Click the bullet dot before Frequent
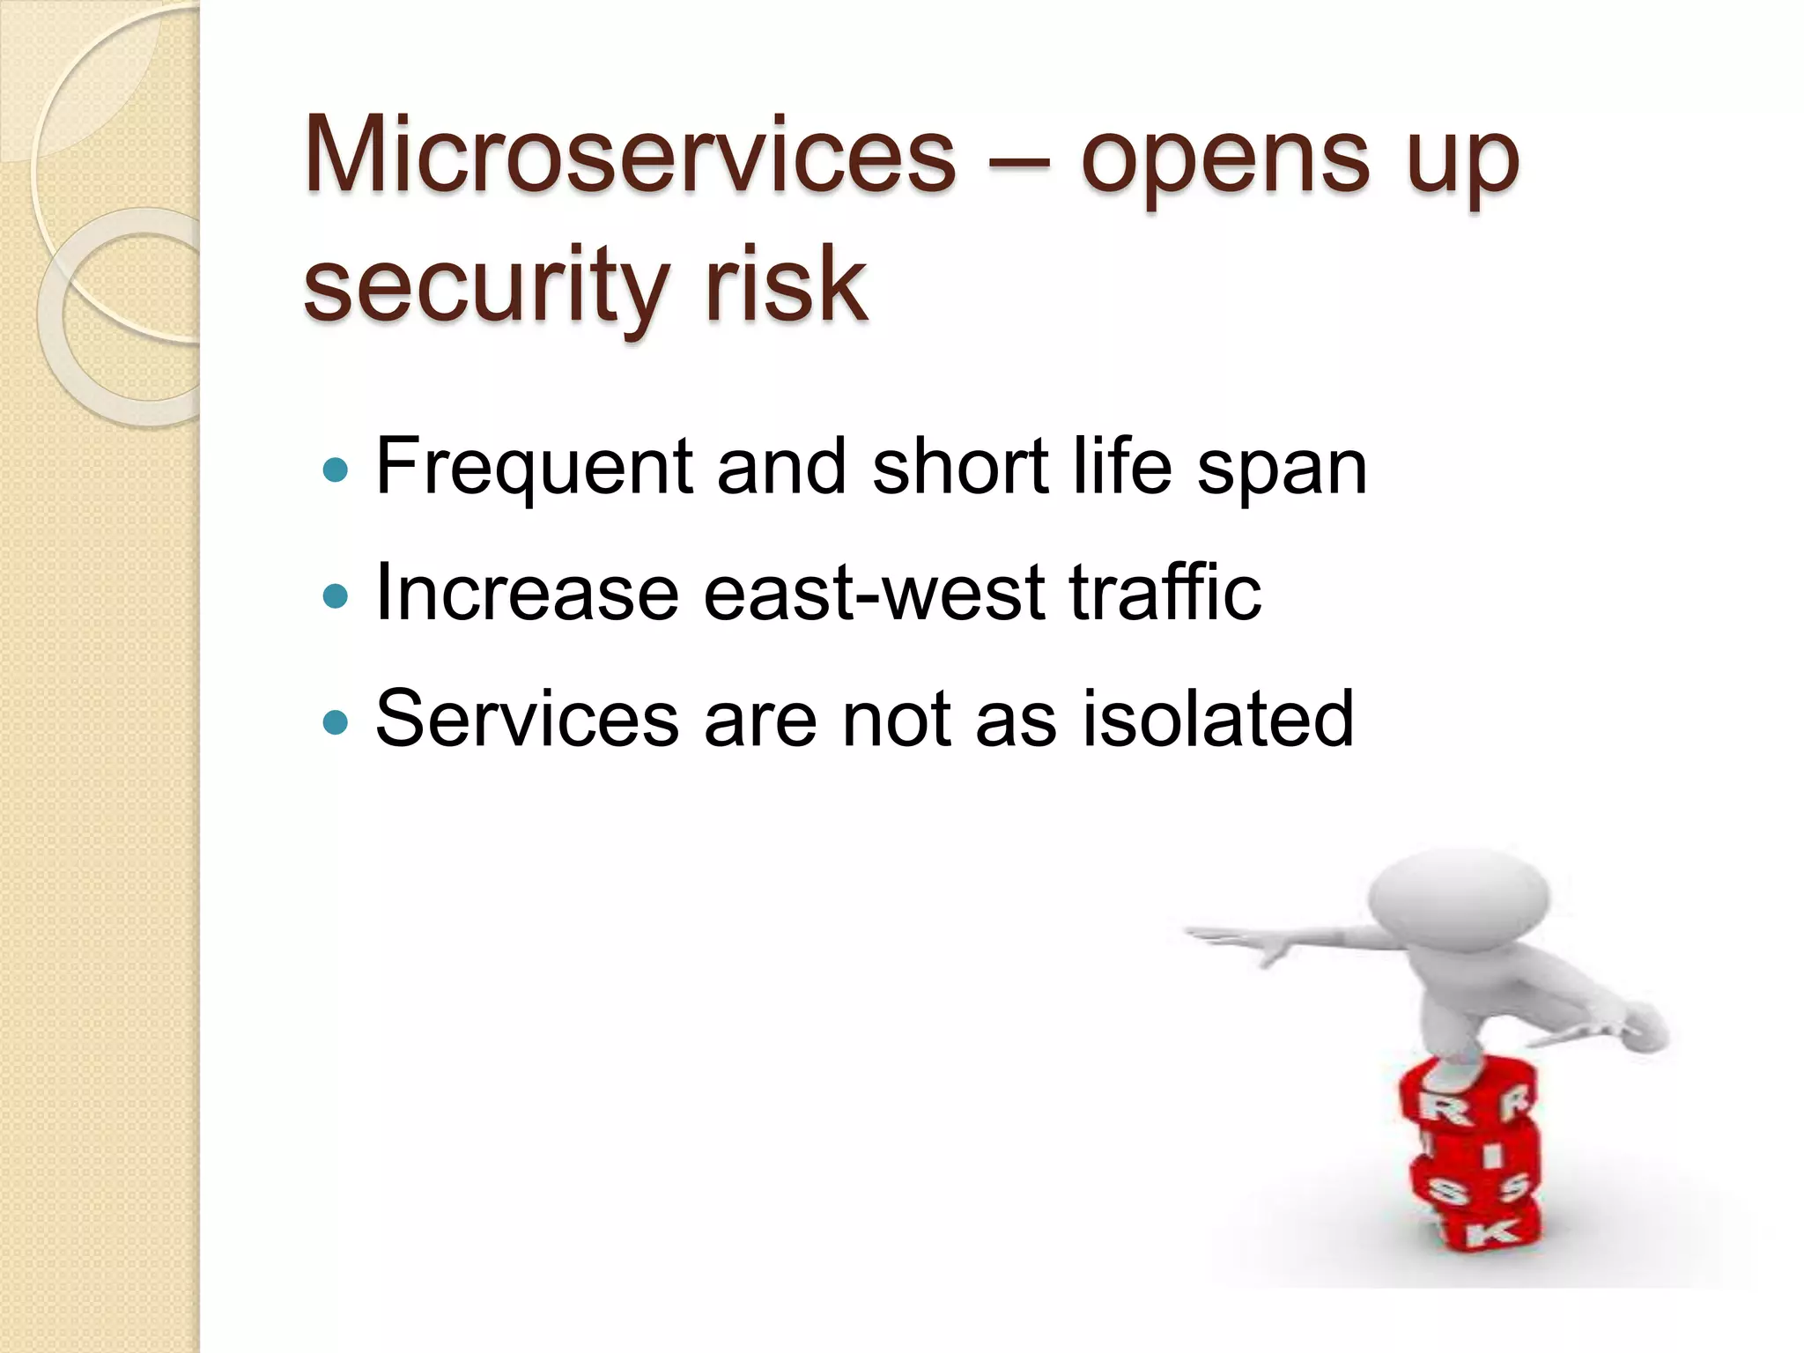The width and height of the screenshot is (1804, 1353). pyautogui.click(x=336, y=470)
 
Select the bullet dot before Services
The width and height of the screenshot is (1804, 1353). pyautogui.click(x=336, y=723)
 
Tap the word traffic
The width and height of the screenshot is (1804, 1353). pyautogui.click(x=1164, y=592)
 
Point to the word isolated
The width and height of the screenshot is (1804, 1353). pyautogui.click(x=1217, y=719)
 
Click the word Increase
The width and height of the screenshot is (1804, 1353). pyautogui.click(x=527, y=594)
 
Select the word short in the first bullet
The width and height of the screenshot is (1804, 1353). pyautogui.click(x=960, y=467)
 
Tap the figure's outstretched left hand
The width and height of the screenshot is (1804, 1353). pyautogui.click(x=1268, y=947)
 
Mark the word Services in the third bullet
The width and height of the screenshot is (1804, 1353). pyautogui.click(x=527, y=720)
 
